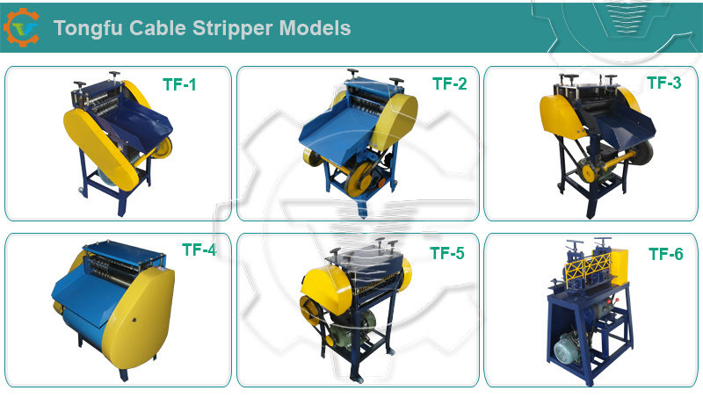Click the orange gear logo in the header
point(21,27)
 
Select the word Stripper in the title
point(232,29)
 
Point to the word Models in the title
point(315,28)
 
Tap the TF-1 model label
point(179,84)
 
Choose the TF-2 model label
point(449,83)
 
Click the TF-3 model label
point(664,83)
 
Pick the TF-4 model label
point(199,250)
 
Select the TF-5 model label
point(447,253)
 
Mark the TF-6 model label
point(666,254)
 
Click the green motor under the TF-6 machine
point(568,349)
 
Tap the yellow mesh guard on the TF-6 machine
point(587,268)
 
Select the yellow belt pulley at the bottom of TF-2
point(359,179)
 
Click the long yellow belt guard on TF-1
point(101,148)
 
